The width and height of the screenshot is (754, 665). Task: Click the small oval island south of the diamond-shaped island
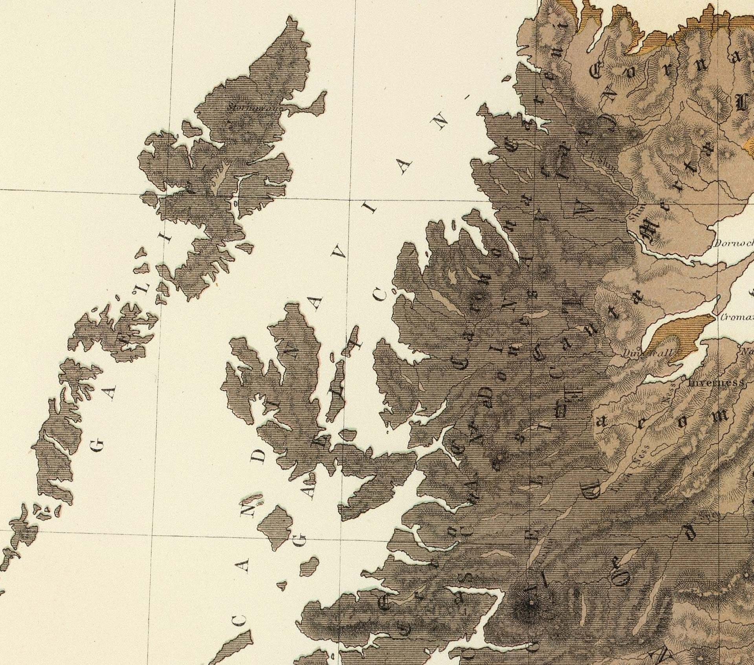(309, 565)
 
